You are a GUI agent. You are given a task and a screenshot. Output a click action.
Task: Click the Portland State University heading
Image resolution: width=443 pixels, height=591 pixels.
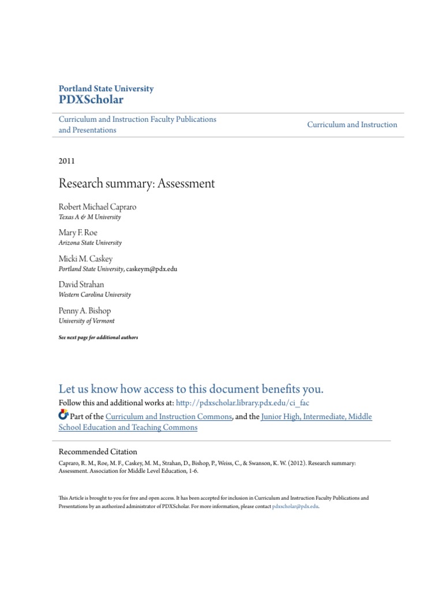106,89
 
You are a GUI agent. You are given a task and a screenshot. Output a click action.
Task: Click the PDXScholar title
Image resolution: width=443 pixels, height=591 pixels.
91,100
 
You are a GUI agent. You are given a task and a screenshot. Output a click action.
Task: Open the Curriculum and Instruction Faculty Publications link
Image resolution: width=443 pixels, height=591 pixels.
137,119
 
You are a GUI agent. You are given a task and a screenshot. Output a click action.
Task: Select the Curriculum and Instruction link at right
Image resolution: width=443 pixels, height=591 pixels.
352,125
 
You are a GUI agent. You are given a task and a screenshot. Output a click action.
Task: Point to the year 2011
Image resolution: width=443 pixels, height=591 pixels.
67,161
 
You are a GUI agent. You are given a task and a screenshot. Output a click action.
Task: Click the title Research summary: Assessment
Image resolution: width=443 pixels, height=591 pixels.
137,184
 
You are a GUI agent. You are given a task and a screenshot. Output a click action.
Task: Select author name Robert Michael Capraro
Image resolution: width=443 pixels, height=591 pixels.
97,207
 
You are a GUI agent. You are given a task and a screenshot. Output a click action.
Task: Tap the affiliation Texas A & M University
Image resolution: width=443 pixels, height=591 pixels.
90,218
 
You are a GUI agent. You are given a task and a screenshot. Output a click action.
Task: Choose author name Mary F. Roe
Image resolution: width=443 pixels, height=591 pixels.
78,232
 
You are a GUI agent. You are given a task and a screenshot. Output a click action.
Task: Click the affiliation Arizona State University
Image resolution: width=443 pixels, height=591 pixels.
90,243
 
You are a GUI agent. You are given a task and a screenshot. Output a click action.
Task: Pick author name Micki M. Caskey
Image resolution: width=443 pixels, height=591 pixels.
85,259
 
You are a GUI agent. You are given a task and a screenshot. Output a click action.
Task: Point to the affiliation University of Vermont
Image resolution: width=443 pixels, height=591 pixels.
87,321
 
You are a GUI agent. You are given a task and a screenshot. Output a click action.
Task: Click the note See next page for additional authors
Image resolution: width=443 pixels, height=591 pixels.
99,337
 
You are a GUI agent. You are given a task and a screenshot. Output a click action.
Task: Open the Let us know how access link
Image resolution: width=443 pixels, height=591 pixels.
191,388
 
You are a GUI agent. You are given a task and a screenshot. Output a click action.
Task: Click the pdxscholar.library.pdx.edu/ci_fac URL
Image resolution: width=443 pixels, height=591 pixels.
246,402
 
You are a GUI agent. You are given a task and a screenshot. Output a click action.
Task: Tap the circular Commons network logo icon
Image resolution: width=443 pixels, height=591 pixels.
63,415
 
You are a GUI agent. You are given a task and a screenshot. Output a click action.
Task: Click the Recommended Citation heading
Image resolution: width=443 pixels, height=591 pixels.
98,451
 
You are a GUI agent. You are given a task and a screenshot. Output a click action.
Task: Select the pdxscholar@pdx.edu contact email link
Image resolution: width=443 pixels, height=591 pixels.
295,506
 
